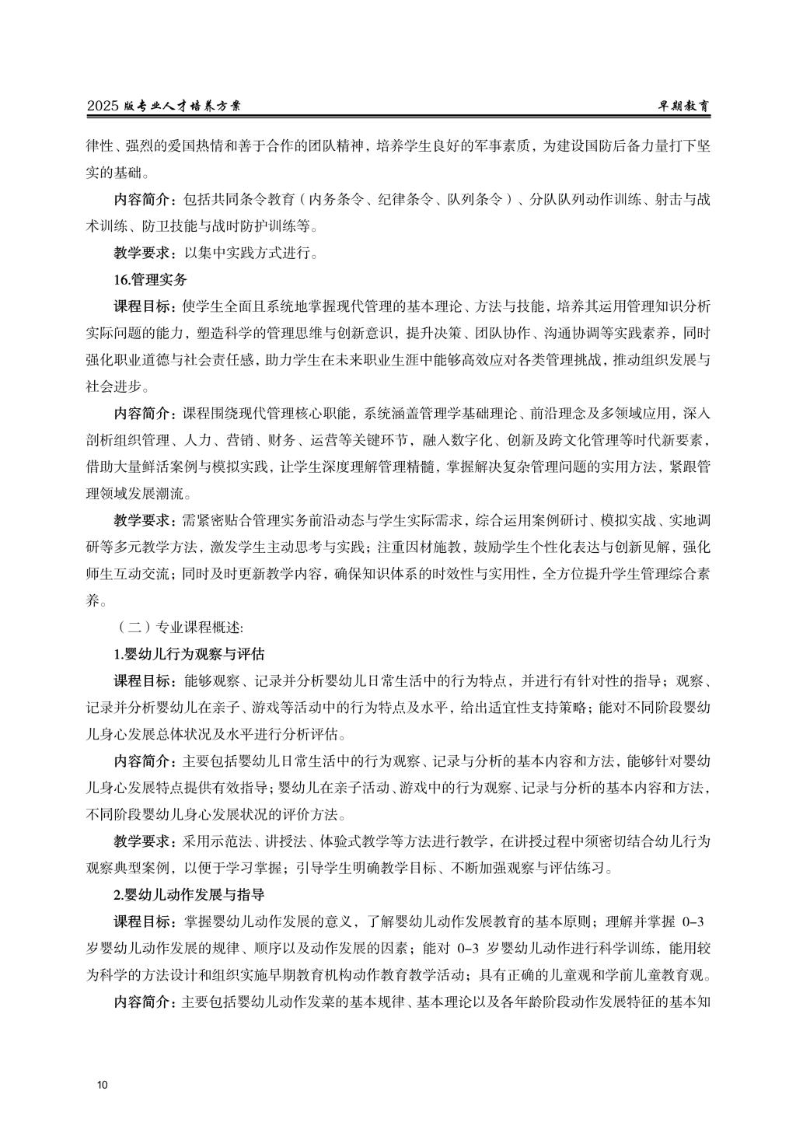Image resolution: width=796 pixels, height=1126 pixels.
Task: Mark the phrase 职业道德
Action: pos(155,360)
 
